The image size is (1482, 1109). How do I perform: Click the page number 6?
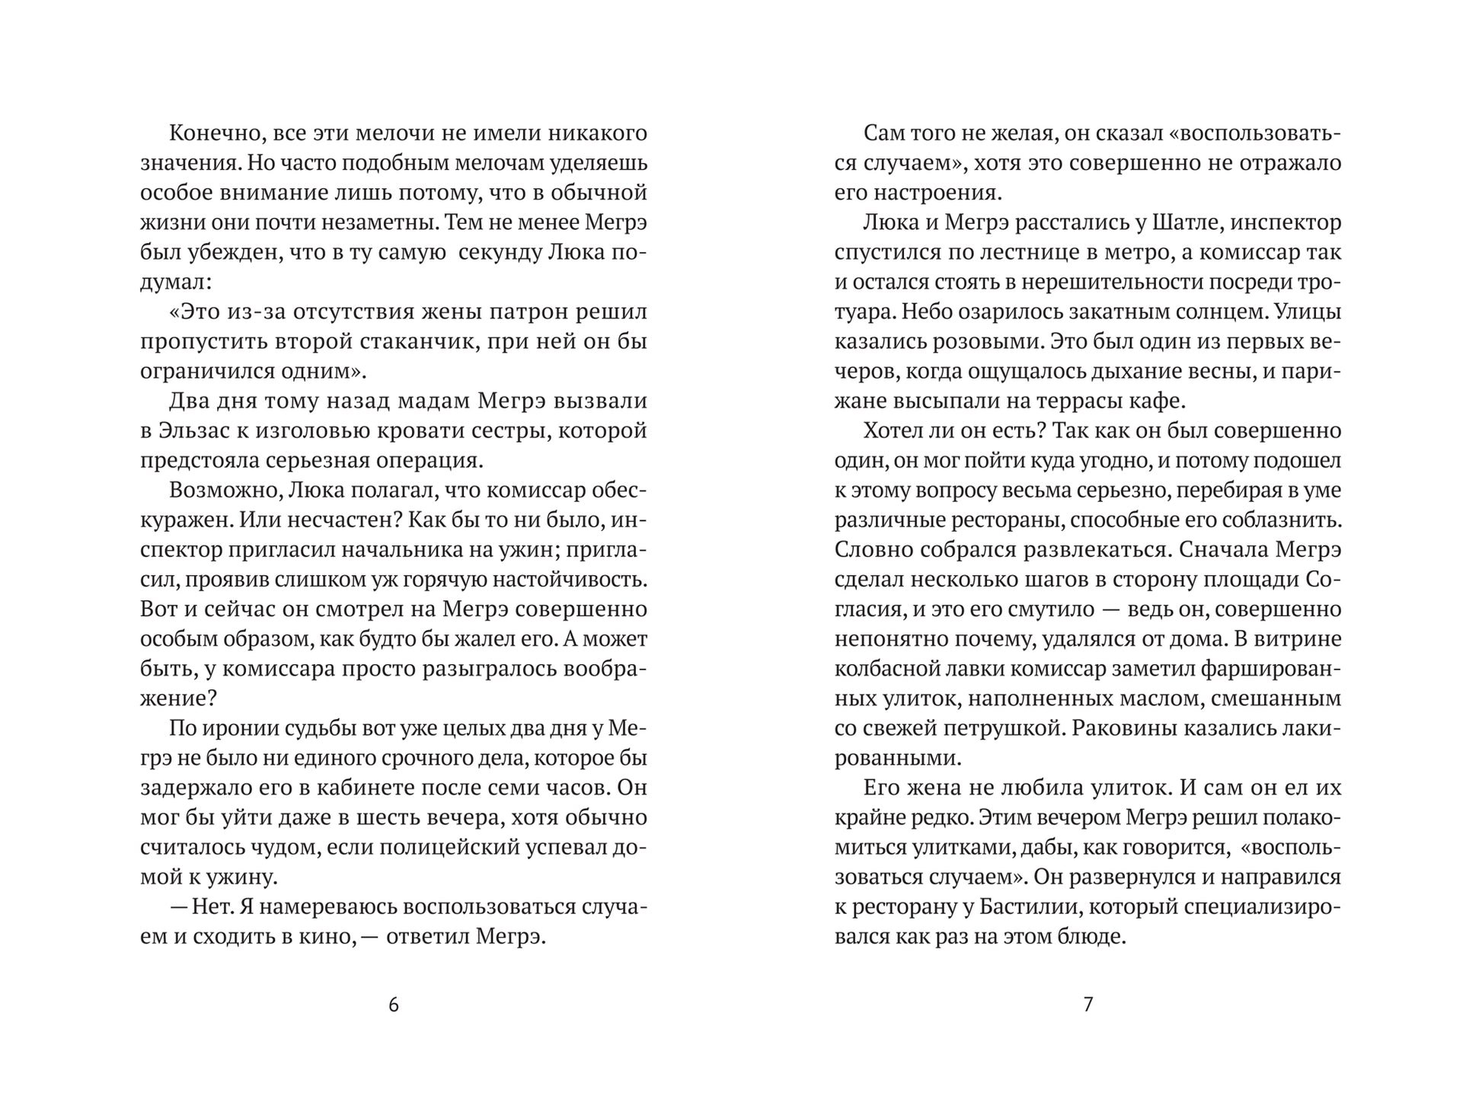[393, 1005]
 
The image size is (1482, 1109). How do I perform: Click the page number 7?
[1088, 1005]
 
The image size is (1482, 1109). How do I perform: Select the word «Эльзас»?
[197, 431]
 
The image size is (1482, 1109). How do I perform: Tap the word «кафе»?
[1159, 401]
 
